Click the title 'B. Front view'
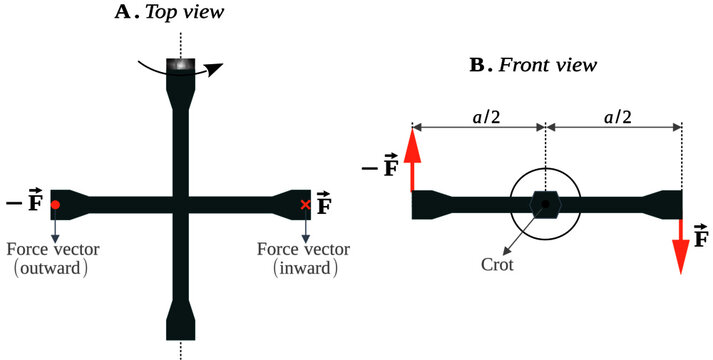point(533,65)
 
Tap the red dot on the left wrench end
point(56,204)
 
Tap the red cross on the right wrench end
point(305,204)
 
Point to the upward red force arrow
point(413,156)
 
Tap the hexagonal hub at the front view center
point(545,204)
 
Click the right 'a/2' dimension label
point(613,116)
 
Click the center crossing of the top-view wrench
point(180,204)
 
